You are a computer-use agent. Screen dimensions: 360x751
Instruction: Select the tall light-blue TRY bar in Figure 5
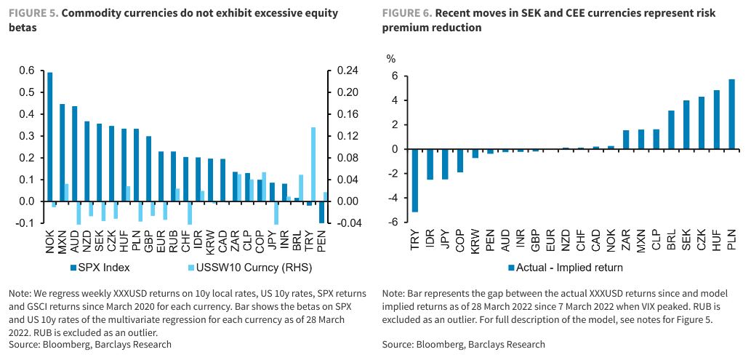click(313, 164)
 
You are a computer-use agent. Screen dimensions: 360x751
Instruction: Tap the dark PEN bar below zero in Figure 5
click(321, 212)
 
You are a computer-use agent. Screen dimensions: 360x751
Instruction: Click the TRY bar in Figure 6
click(415, 180)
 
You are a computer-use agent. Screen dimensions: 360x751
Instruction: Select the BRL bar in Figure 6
click(672, 130)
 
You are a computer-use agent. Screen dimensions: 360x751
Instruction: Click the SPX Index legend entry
click(99, 267)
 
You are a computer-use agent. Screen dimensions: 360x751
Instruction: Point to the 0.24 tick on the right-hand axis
click(347, 71)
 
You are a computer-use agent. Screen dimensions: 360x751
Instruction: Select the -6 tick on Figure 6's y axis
click(393, 223)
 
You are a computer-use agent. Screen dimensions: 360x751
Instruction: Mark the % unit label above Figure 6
click(391, 58)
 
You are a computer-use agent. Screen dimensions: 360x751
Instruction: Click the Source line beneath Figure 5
click(90, 344)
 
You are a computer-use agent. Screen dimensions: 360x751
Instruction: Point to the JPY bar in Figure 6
click(445, 164)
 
